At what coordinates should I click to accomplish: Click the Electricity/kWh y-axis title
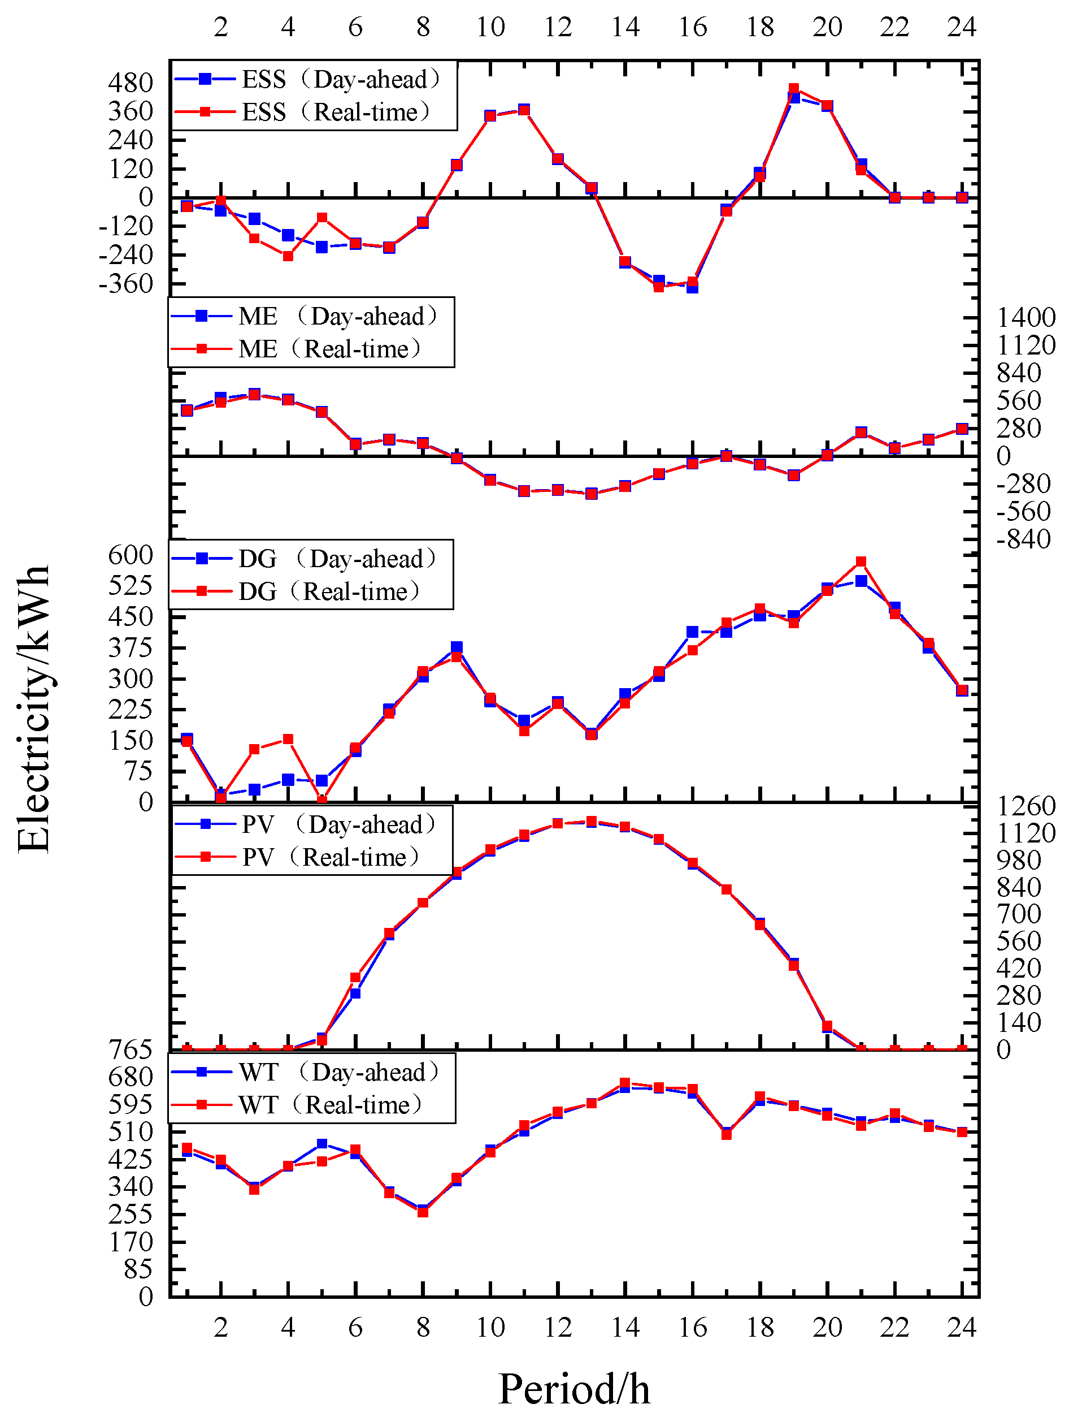tap(33, 708)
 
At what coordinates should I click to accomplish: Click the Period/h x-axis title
tap(573, 1389)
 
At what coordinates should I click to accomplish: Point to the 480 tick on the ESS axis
tap(131, 83)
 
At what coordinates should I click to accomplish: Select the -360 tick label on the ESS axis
tap(126, 283)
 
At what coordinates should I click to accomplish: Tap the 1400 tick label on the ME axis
tap(1026, 317)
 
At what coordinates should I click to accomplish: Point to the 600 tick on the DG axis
tap(131, 555)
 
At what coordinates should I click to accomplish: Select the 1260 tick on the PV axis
tap(1026, 806)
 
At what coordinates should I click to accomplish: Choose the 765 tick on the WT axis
tap(131, 1050)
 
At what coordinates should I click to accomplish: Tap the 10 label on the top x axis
tap(490, 27)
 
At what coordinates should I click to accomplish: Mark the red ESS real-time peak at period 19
tap(794, 89)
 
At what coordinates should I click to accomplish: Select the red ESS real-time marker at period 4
tap(288, 256)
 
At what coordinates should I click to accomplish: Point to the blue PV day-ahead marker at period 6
tap(355, 993)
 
